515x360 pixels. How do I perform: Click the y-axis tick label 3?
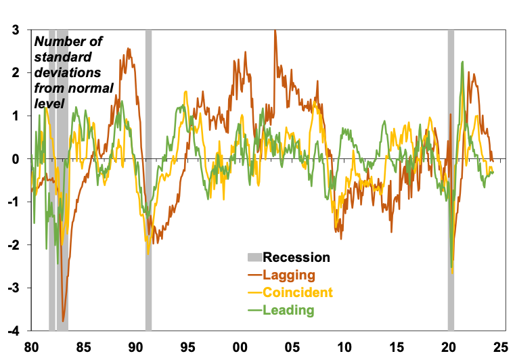coord(14,30)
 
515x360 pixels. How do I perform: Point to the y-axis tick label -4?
coord(12,331)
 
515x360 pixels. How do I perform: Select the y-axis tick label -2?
coord(12,245)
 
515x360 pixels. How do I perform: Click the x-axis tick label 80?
coord(30,347)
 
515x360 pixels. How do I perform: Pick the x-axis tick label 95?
coord(187,347)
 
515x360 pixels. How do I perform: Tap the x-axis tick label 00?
coord(240,347)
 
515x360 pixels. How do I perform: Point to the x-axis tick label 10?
coord(345,347)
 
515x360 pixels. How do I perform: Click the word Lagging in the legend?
coord(289,275)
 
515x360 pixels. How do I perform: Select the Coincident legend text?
coord(298,292)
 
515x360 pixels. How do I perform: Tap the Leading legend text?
coord(289,311)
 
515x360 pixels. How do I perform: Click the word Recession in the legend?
coord(296,257)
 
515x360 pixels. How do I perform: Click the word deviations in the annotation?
coord(68,72)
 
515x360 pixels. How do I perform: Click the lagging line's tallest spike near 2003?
coord(275,30)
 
